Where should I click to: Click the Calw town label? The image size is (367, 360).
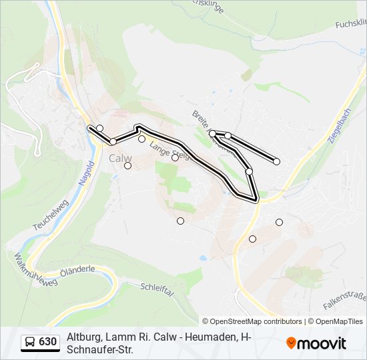click(x=120, y=159)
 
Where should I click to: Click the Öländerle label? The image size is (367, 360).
click(x=77, y=273)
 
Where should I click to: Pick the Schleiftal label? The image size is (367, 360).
click(x=157, y=291)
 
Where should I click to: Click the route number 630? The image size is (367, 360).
click(x=47, y=342)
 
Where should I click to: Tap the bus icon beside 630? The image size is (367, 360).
click(x=30, y=342)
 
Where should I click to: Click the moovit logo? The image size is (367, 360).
click(x=316, y=343)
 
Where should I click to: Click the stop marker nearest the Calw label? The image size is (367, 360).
click(x=128, y=165)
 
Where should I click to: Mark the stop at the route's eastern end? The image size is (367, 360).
click(x=276, y=161)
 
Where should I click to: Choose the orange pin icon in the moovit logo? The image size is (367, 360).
click(x=292, y=343)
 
